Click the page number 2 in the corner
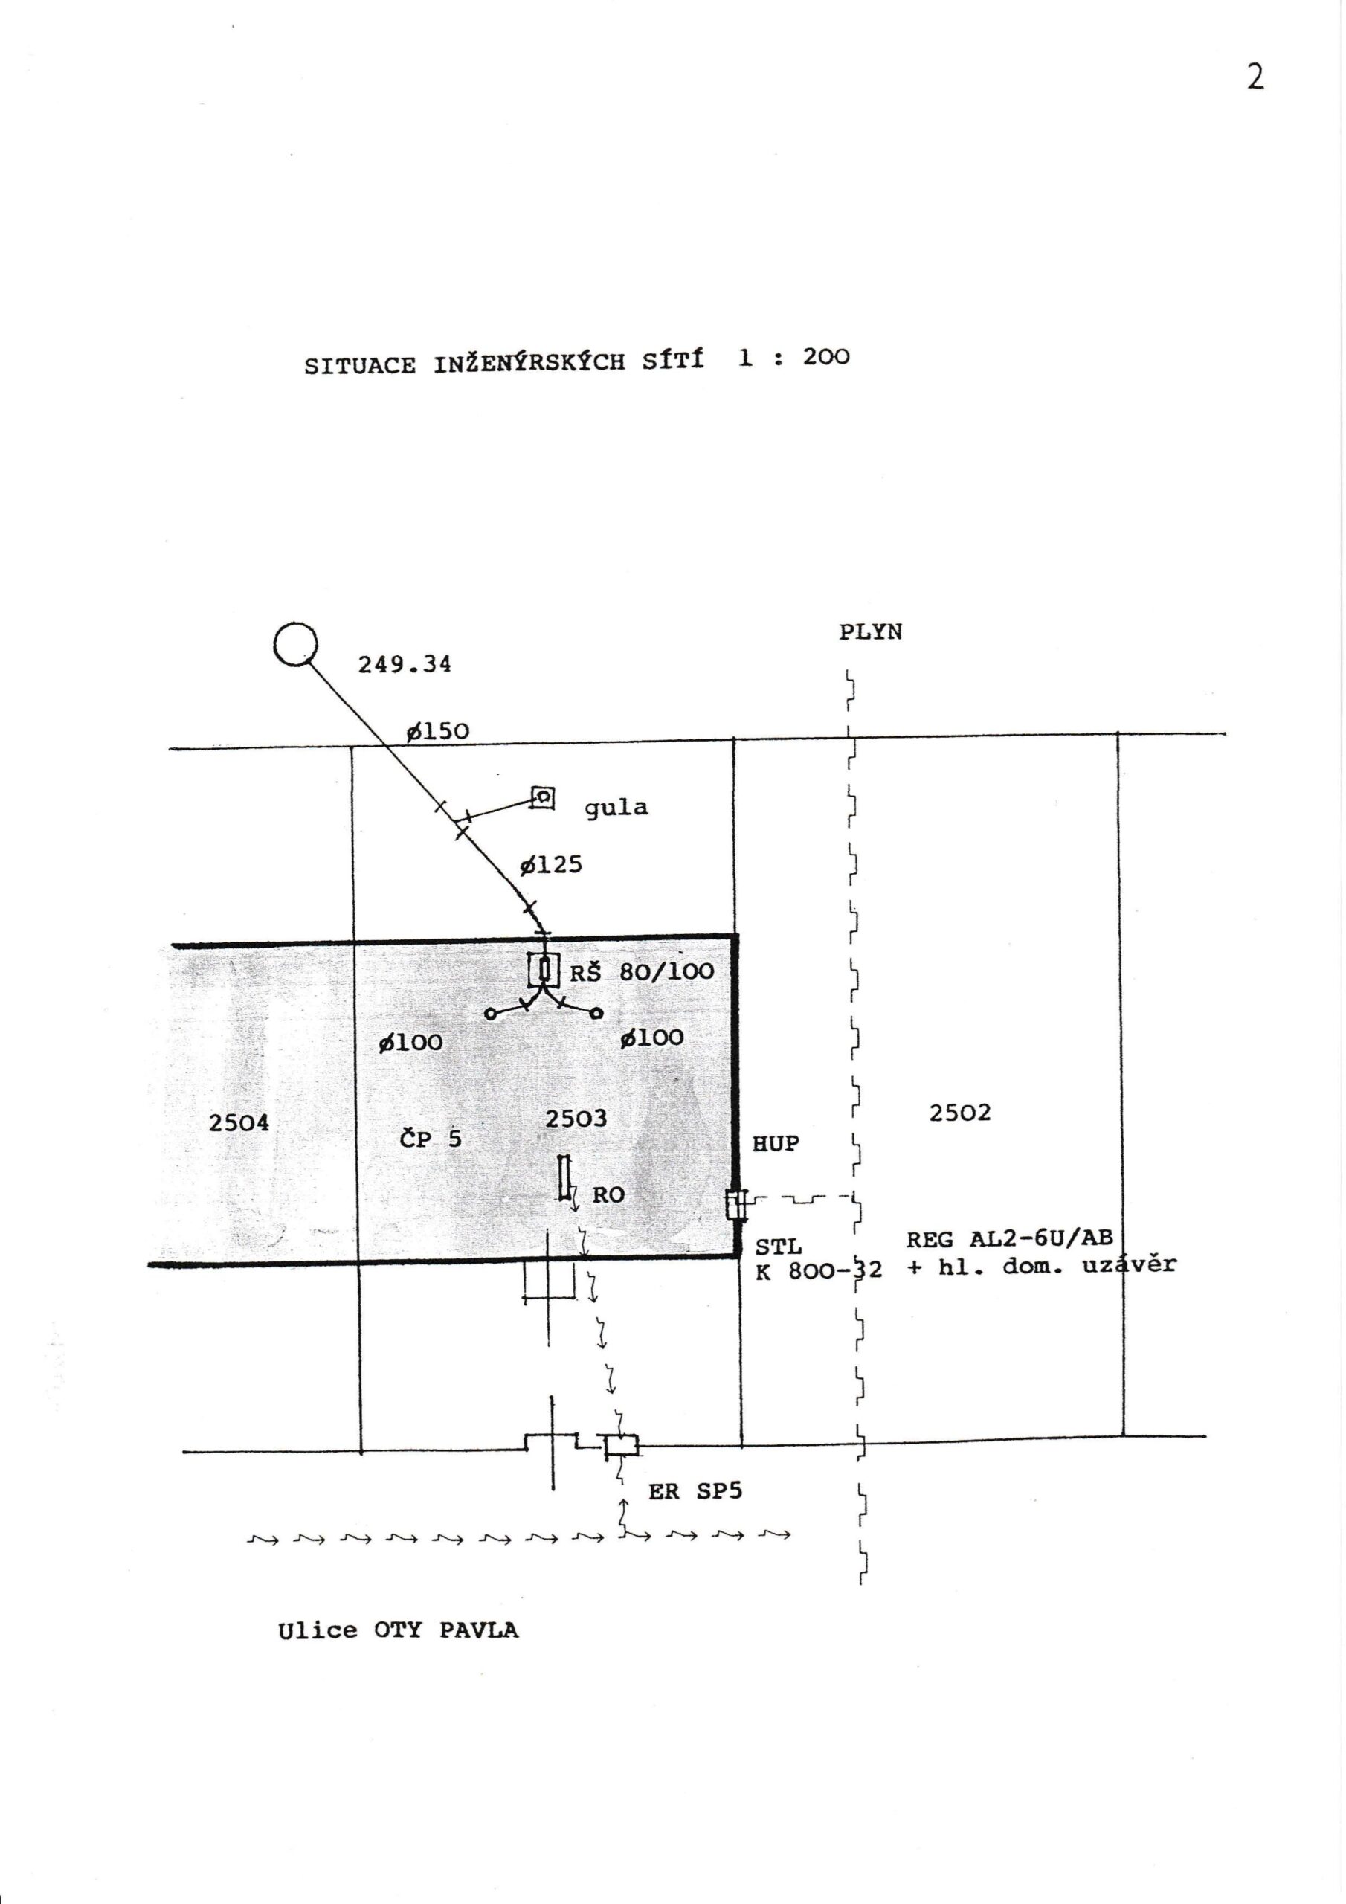click(1255, 77)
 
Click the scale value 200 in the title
click(826, 358)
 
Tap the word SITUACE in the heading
click(360, 366)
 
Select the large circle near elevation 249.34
click(295, 643)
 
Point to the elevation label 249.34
click(405, 664)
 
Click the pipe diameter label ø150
click(437, 730)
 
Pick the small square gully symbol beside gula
click(542, 798)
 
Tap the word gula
click(616, 808)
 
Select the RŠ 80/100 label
click(642, 971)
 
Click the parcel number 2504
click(239, 1123)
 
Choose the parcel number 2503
click(576, 1119)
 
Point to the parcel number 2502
click(959, 1112)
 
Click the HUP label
click(776, 1144)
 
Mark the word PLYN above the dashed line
click(870, 633)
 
